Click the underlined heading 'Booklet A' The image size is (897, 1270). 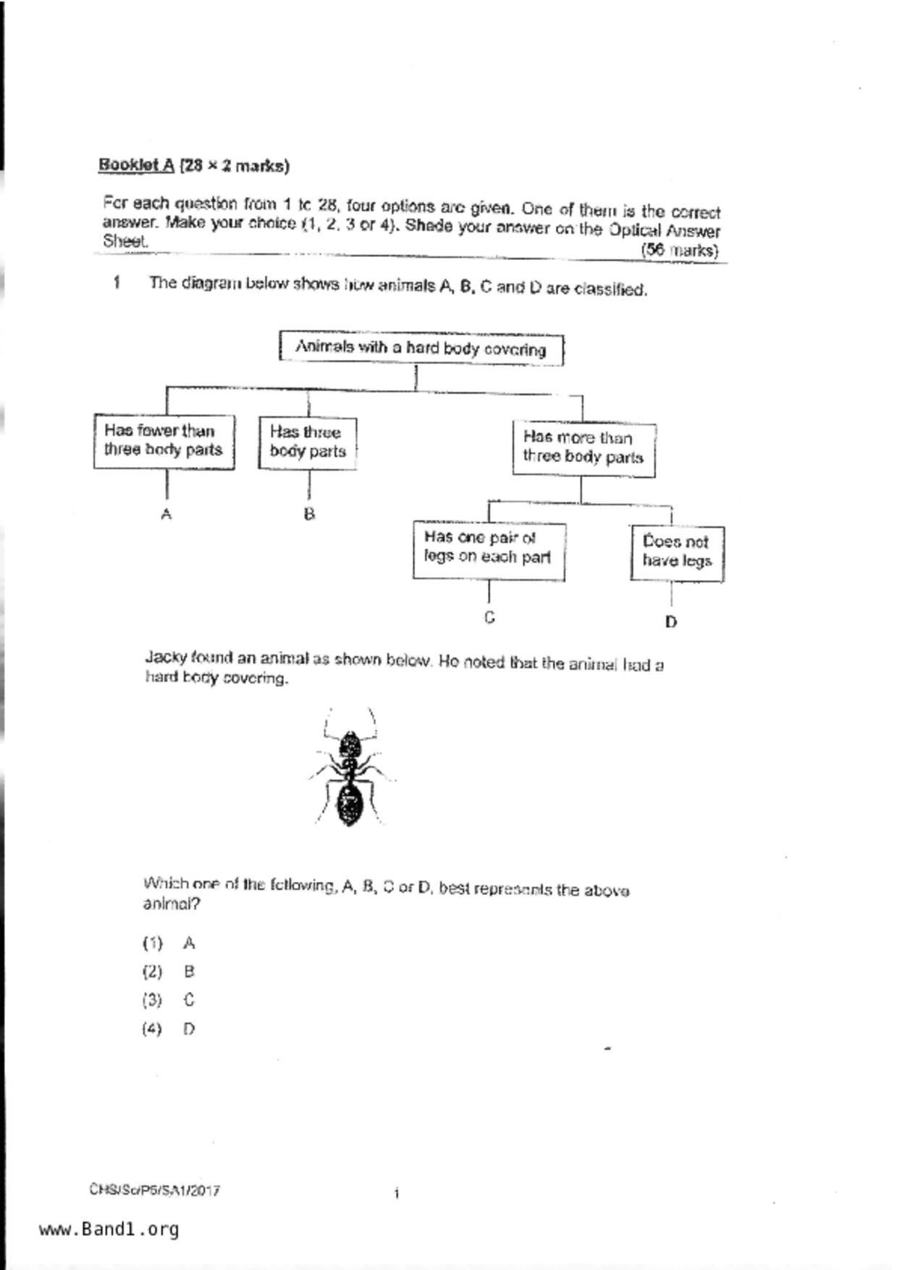tap(136, 165)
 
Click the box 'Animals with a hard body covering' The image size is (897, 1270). tap(421, 348)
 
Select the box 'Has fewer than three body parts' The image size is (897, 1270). tap(164, 441)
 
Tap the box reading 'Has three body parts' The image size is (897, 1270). tap(308, 442)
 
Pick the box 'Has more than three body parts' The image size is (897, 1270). tap(584, 447)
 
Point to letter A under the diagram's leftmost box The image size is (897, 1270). tap(167, 514)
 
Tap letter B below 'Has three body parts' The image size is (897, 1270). tap(309, 514)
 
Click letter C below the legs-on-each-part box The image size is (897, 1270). tap(490, 618)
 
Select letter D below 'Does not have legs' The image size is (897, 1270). tap(671, 621)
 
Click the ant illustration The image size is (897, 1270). tap(350, 769)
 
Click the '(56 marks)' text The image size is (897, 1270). tap(679, 251)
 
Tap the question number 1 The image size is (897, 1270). tap(117, 282)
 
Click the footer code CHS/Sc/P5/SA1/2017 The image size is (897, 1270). tap(155, 1190)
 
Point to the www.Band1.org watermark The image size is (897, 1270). tap(109, 1229)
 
